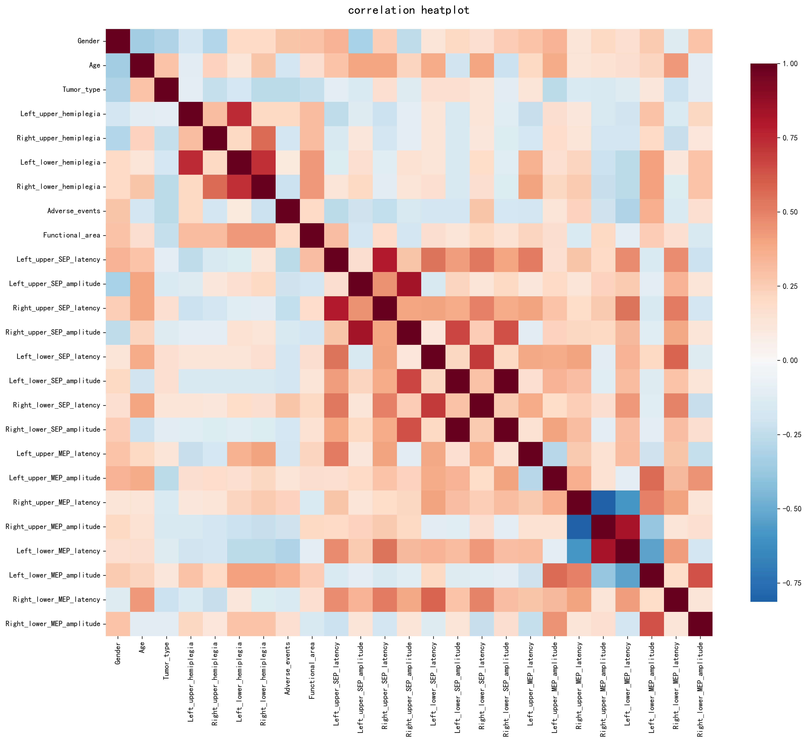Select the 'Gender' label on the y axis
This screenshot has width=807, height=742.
89,41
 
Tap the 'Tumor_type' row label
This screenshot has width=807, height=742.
82,90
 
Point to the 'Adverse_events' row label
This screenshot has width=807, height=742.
74,211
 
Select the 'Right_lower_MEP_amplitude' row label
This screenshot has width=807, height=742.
53,624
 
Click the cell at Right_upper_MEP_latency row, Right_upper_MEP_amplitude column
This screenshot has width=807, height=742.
603,502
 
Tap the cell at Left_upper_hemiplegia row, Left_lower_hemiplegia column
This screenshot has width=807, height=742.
239,114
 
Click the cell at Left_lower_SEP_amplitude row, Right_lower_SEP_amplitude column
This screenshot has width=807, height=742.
506,381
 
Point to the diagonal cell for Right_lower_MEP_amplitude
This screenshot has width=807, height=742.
700,624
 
